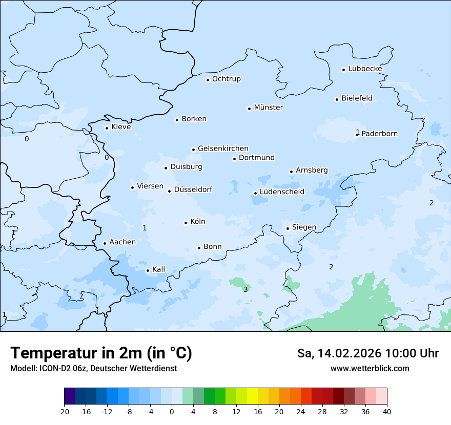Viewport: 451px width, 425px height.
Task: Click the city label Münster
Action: (269, 108)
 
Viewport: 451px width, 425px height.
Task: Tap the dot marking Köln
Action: (186, 223)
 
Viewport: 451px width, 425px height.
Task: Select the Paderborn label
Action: (380, 134)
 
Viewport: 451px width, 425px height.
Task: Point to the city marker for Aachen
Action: (105, 244)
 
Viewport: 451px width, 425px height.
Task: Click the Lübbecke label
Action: (365, 69)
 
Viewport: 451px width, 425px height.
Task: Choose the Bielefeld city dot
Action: (337, 99)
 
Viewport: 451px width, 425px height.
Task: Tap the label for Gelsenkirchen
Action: (223, 148)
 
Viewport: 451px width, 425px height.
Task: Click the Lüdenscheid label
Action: (282, 192)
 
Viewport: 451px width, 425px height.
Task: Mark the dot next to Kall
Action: (148, 270)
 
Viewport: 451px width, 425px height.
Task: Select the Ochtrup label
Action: (227, 79)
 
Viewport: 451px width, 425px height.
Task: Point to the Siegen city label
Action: (304, 227)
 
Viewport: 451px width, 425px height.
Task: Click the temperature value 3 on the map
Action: (245, 290)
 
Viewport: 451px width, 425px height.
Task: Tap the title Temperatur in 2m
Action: (101, 353)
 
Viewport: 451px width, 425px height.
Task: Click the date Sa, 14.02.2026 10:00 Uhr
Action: (367, 353)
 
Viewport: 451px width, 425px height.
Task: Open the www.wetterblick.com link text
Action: (370, 368)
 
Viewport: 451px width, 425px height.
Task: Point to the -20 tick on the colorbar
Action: (64, 412)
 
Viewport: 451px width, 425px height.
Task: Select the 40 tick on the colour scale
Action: (387, 412)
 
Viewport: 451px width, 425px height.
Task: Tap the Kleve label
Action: (121, 127)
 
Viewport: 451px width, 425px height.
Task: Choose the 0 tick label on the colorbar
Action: (172, 412)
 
